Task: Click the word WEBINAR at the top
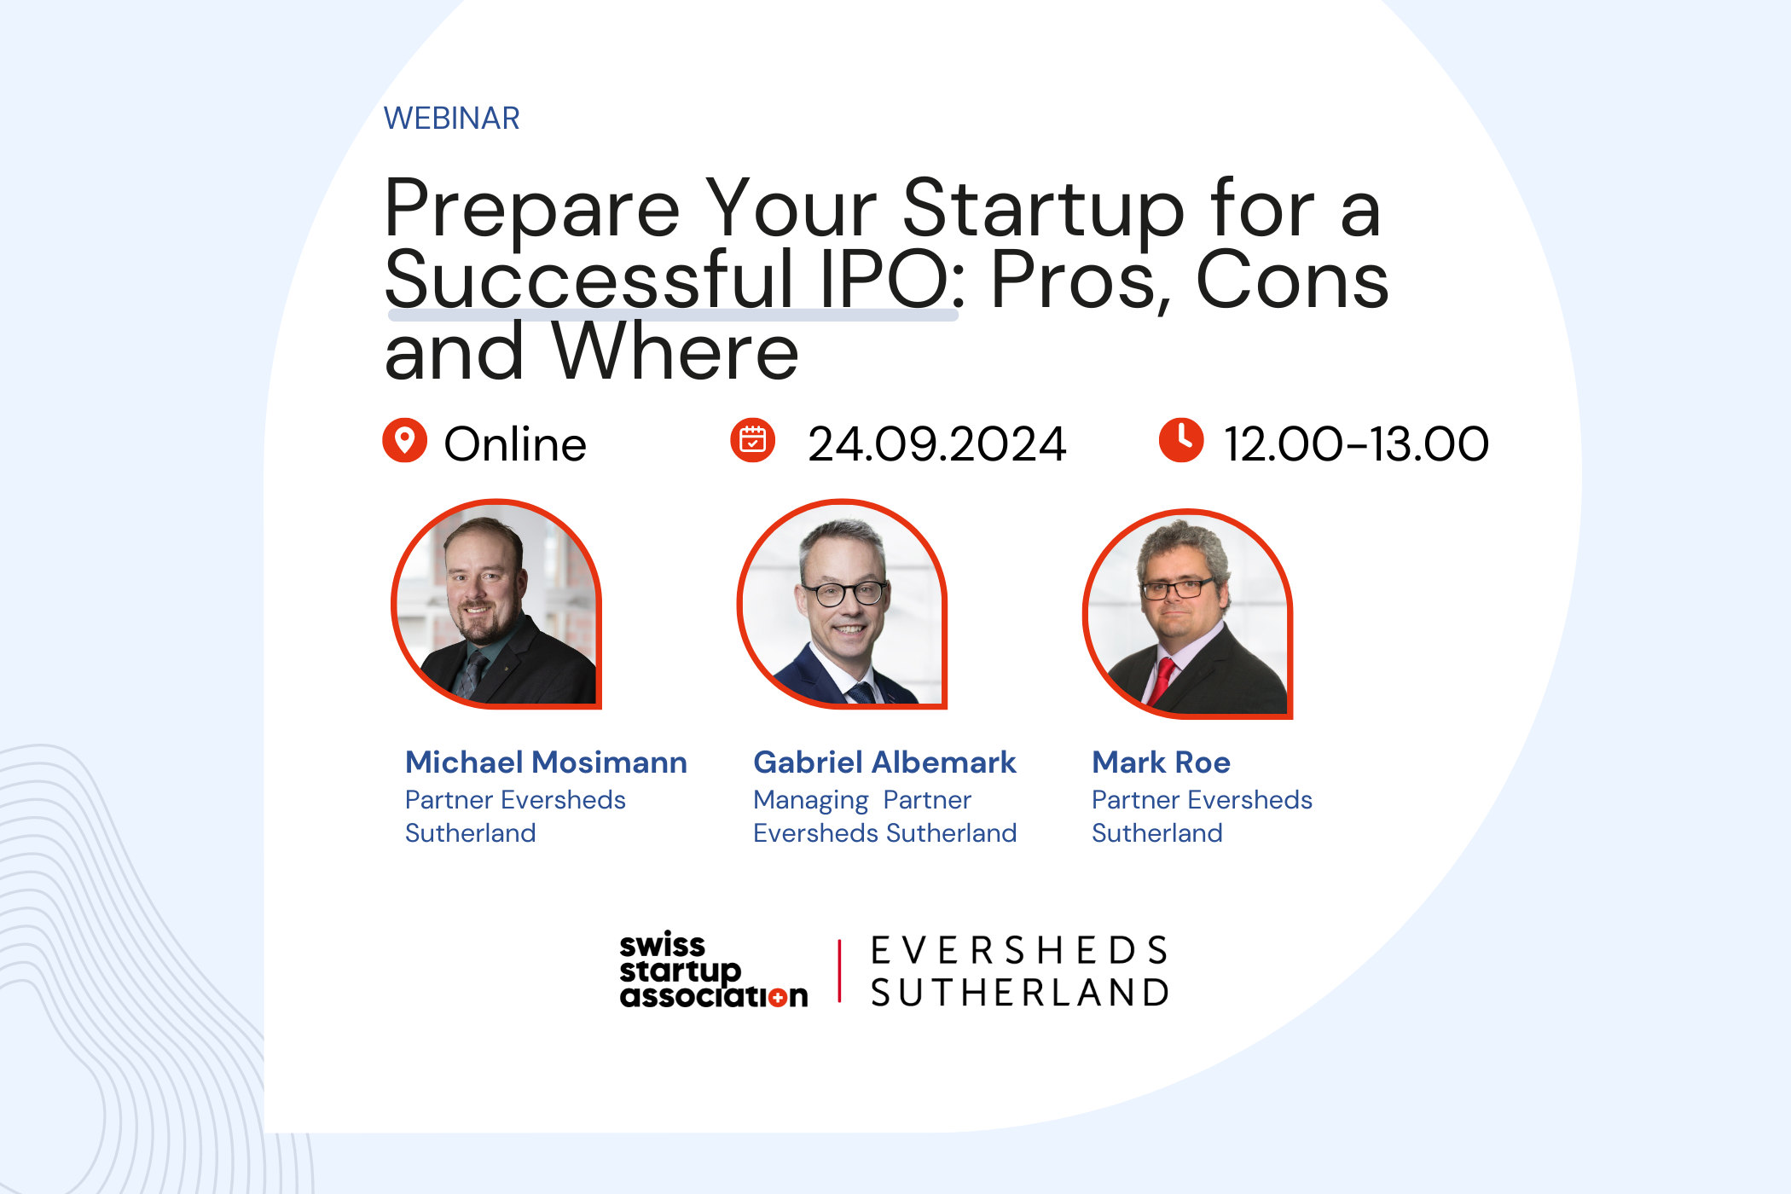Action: [451, 119]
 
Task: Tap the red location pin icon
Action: [404, 440]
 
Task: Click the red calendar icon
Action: [753, 440]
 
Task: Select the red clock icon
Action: [1181, 440]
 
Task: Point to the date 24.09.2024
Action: [936, 444]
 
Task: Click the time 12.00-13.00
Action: [1356, 444]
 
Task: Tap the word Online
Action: [515, 444]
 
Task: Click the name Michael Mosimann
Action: [546, 762]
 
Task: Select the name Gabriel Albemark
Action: [884, 762]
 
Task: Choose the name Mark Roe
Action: [1161, 762]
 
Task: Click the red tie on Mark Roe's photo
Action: [1162, 681]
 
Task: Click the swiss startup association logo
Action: [713, 971]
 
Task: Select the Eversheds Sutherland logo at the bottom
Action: [1019, 971]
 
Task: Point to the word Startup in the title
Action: [1043, 209]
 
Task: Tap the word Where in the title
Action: [675, 351]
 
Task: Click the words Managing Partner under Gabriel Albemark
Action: [862, 801]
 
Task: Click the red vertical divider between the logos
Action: [840, 971]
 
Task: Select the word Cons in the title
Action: [1292, 280]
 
